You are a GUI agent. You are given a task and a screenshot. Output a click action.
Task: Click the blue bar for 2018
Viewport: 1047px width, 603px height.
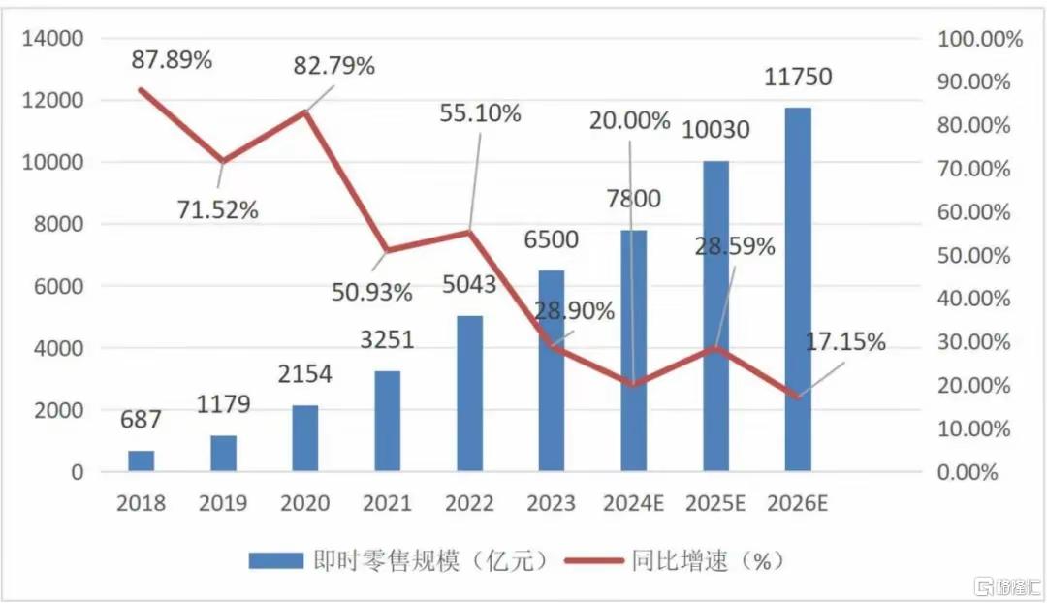[x=141, y=460]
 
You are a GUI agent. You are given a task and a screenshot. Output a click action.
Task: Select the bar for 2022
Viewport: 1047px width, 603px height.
[x=469, y=394]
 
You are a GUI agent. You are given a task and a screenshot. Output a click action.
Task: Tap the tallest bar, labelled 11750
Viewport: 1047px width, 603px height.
[x=798, y=289]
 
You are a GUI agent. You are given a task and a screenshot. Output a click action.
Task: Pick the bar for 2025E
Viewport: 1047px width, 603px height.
[x=715, y=316]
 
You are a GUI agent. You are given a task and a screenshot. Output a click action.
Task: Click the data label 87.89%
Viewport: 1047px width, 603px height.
[x=172, y=59]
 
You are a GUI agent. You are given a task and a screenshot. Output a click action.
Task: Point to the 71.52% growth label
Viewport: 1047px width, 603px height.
[x=218, y=209]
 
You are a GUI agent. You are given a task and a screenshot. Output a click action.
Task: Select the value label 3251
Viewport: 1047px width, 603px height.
[x=387, y=339]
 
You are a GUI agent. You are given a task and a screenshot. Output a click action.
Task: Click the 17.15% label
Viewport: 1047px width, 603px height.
[x=845, y=341]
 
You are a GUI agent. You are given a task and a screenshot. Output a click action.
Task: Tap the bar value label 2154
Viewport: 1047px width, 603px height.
[x=304, y=373]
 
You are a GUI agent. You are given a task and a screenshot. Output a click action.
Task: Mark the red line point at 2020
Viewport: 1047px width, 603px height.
[x=305, y=112]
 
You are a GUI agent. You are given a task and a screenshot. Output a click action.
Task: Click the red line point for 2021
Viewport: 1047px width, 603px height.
[x=387, y=251]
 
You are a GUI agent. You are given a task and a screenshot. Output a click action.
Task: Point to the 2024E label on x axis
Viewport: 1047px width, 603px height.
[x=633, y=503]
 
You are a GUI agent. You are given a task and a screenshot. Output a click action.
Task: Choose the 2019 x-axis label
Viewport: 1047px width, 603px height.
[x=223, y=503]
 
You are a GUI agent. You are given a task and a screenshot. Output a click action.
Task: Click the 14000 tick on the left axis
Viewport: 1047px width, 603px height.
[x=53, y=38]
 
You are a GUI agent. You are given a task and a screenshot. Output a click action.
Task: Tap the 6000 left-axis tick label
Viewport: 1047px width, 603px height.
[x=59, y=286]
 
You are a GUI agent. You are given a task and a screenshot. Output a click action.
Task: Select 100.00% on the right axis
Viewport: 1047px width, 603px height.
[x=979, y=39]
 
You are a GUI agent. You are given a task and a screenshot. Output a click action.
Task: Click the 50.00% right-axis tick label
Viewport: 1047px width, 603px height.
[x=973, y=255]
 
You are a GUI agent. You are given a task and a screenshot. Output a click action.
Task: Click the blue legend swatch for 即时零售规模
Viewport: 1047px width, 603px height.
[x=275, y=560]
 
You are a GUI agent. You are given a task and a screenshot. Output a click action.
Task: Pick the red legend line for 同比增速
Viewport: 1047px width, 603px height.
[x=594, y=561]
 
